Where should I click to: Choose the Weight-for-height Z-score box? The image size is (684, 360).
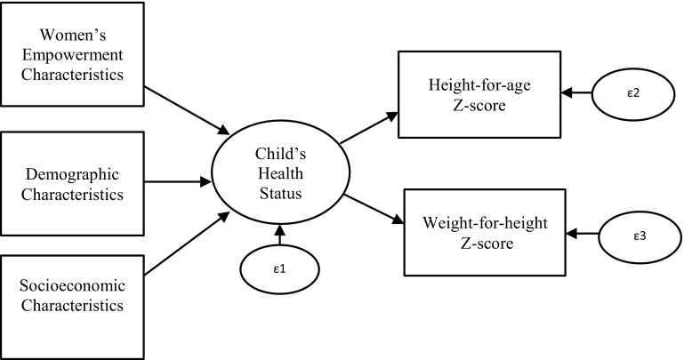[484, 232]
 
